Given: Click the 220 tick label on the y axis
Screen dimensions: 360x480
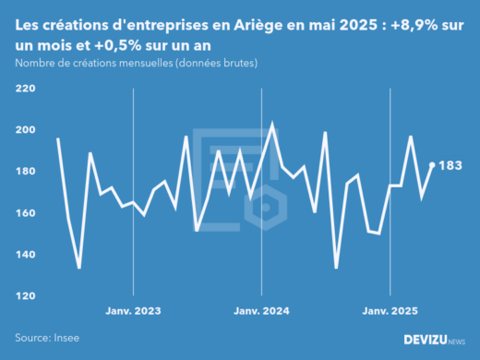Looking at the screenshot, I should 25,89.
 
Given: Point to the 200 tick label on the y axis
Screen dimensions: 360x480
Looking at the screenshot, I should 25,130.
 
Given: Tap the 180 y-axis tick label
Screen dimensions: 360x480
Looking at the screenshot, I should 25,172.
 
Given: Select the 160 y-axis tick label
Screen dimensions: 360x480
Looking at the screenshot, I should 25,213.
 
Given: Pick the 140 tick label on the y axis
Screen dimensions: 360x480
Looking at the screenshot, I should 25,255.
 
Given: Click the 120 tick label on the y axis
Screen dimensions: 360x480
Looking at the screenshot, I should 25,296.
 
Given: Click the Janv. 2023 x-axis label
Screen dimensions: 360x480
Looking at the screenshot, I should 135,312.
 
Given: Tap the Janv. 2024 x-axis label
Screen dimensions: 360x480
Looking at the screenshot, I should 263,312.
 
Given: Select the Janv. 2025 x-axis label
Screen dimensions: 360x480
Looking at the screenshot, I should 391,312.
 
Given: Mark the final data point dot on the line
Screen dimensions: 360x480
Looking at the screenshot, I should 432,165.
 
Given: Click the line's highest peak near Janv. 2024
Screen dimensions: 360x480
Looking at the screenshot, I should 271,125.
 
